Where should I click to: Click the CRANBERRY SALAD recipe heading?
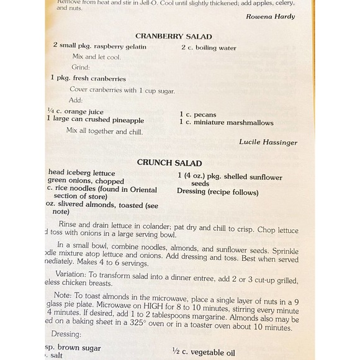[x=174, y=37]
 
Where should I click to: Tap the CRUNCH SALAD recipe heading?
[x=169, y=163]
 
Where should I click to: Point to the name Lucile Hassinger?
[x=268, y=142]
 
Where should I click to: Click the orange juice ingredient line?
[x=75, y=112]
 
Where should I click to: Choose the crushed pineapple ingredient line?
[x=94, y=120]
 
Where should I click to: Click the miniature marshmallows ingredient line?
[x=227, y=122]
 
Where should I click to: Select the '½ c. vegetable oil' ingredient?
[x=204, y=353]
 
